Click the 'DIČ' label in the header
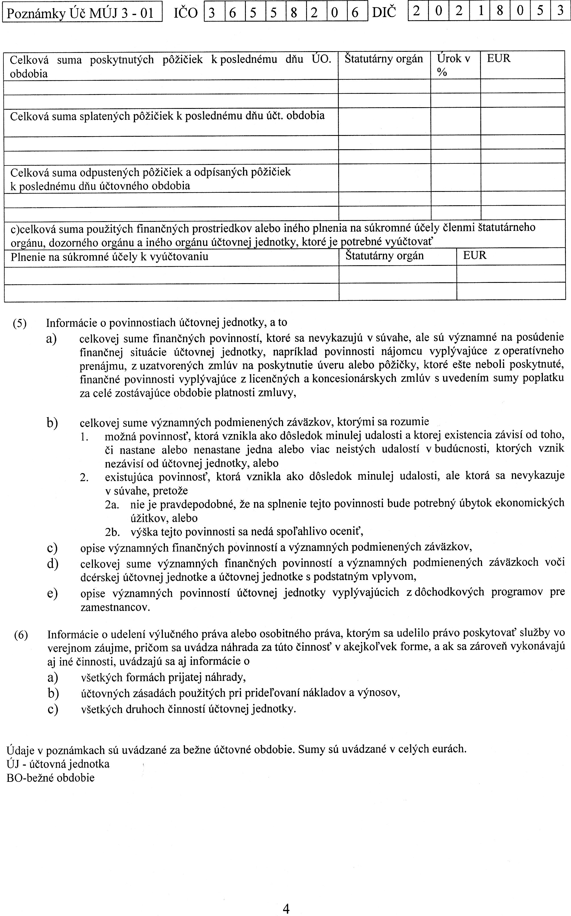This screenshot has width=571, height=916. (384, 13)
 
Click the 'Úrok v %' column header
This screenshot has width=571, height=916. (453, 65)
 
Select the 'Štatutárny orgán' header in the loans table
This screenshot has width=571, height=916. (384, 59)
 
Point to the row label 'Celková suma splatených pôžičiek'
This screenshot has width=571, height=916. (167, 116)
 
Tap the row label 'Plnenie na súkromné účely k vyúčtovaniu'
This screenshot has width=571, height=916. (109, 257)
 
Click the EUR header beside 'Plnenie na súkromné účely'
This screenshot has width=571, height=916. (475, 255)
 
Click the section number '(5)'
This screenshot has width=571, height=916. (20, 323)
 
